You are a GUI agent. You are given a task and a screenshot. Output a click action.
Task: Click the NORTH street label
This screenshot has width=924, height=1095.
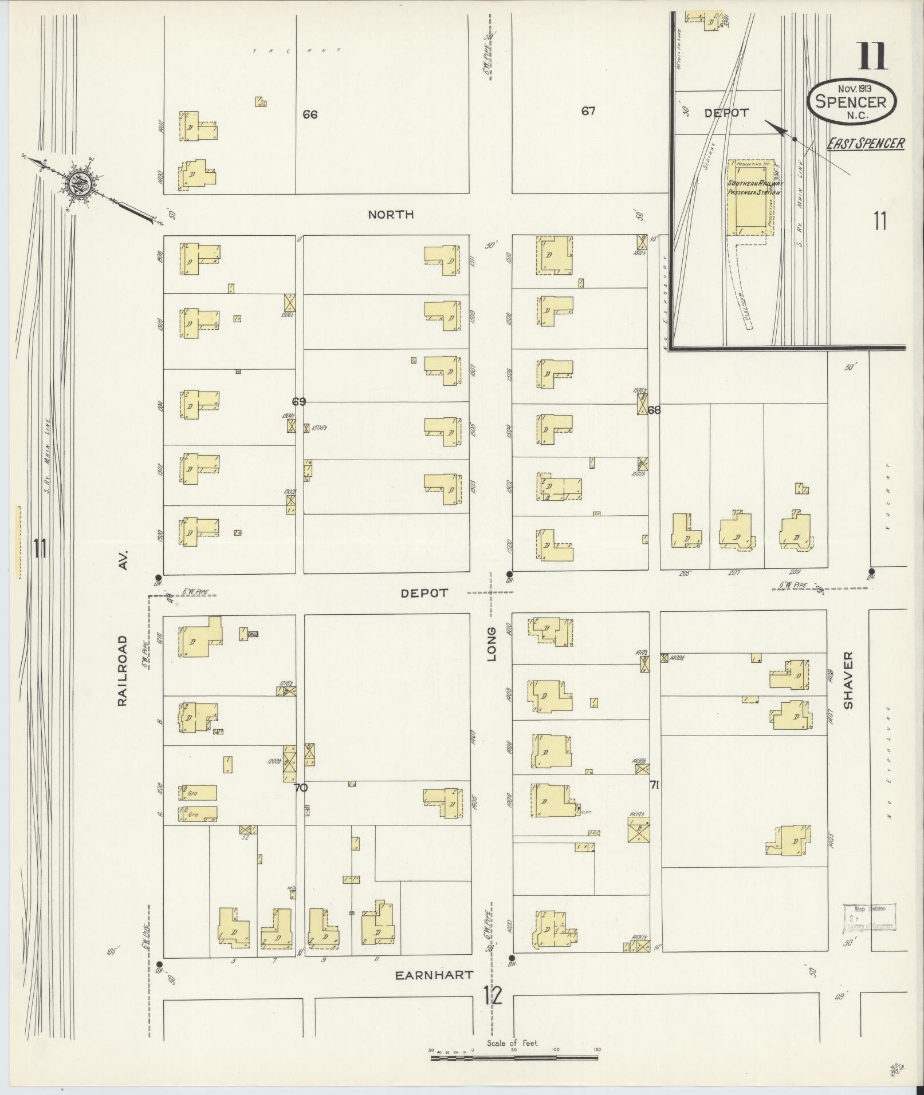pyautogui.click(x=391, y=215)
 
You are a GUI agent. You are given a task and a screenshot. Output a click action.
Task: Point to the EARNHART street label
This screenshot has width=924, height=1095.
pyautogui.click(x=435, y=974)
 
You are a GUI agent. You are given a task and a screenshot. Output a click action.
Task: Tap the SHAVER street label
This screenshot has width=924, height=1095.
pyautogui.click(x=848, y=680)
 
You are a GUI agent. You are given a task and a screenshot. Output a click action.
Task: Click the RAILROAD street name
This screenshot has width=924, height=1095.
pyautogui.click(x=123, y=670)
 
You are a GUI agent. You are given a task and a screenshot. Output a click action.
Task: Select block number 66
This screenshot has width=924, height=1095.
pyautogui.click(x=310, y=114)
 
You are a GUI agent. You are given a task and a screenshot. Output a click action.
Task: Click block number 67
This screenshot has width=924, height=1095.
pyautogui.click(x=588, y=111)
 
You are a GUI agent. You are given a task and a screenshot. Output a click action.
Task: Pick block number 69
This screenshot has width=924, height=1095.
pyautogui.click(x=298, y=402)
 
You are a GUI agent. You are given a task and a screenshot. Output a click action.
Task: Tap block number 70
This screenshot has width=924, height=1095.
pyautogui.click(x=301, y=788)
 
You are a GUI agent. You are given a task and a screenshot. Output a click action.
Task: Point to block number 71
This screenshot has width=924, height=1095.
pyautogui.click(x=654, y=785)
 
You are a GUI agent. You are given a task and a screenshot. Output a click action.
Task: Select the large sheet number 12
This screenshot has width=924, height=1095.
pyautogui.click(x=493, y=995)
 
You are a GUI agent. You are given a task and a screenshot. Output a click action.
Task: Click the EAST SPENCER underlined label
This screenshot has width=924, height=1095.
pyautogui.click(x=865, y=143)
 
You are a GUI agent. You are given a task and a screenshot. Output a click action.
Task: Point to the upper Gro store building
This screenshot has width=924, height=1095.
pyautogui.click(x=198, y=793)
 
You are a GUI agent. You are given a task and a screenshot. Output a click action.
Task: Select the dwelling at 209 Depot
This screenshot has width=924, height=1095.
pyautogui.click(x=795, y=531)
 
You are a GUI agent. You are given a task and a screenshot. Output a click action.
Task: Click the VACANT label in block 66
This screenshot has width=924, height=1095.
pyautogui.click(x=297, y=50)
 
